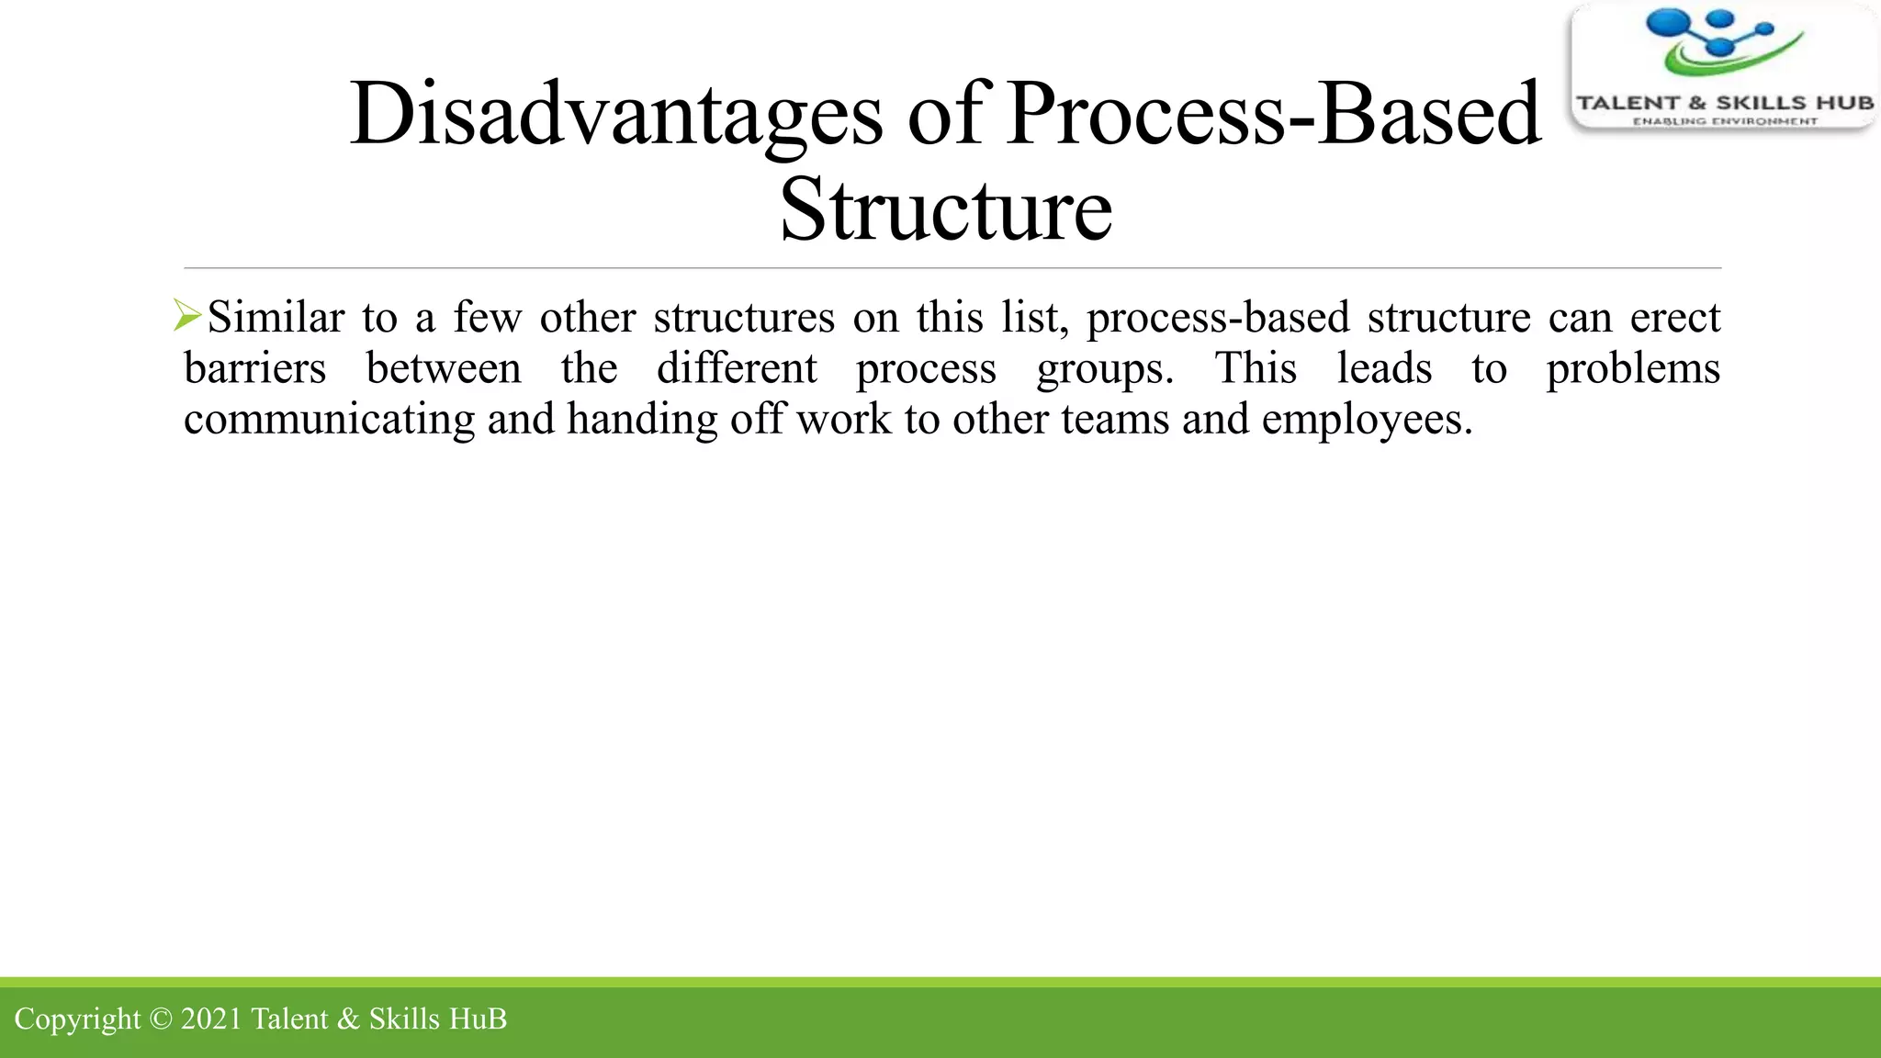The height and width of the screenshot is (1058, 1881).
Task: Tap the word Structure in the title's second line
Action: (946, 211)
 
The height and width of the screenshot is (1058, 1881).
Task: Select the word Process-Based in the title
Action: (1273, 115)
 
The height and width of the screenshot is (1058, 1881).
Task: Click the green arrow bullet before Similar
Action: (187, 316)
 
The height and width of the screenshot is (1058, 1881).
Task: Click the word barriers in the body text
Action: (254, 369)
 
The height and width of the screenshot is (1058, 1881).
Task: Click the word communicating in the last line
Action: (329, 421)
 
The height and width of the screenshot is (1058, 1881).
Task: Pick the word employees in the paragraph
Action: (1366, 421)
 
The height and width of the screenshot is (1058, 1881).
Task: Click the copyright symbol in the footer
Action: (161, 1019)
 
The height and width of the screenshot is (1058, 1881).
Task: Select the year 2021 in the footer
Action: (211, 1019)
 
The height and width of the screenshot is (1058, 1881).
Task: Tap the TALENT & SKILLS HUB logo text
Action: (1724, 103)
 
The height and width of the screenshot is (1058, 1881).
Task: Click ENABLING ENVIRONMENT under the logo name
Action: (1724, 121)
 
